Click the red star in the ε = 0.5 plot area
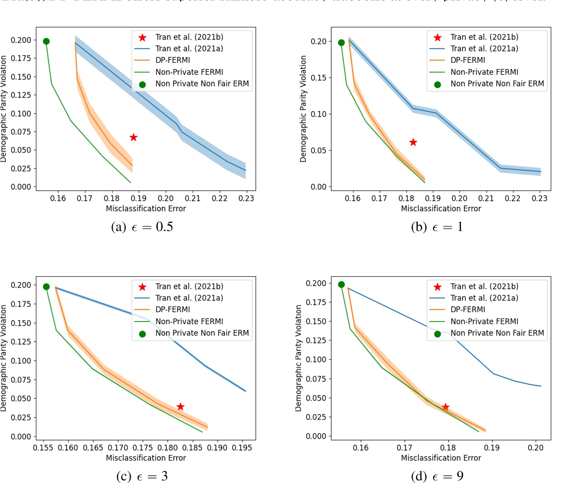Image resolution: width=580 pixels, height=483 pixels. click(133, 137)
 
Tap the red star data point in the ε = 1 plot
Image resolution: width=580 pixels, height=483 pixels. click(413, 142)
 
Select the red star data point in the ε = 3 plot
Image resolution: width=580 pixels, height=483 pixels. click(180, 407)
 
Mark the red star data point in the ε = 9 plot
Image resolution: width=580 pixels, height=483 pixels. click(445, 407)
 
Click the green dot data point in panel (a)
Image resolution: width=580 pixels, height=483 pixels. click(46, 41)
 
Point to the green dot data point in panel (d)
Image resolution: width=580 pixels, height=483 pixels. click(341, 285)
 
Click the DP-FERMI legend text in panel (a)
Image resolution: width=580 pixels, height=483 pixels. click(173, 60)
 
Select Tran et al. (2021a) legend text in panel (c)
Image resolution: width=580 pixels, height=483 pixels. click(189, 298)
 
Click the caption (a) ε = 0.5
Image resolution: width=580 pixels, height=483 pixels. click(142, 227)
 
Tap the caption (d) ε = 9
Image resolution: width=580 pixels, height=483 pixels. click(437, 476)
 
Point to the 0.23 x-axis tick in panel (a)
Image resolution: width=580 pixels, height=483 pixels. click(246, 198)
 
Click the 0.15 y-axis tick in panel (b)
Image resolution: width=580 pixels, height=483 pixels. click(318, 78)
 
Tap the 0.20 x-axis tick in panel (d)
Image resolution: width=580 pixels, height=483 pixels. click(536, 448)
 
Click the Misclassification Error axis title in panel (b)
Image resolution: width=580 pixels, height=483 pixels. click(441, 209)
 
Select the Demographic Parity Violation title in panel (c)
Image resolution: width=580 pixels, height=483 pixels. click(4, 358)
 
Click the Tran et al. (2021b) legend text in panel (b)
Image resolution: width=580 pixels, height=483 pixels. click(484, 37)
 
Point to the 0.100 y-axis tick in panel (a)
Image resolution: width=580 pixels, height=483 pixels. click(21, 113)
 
